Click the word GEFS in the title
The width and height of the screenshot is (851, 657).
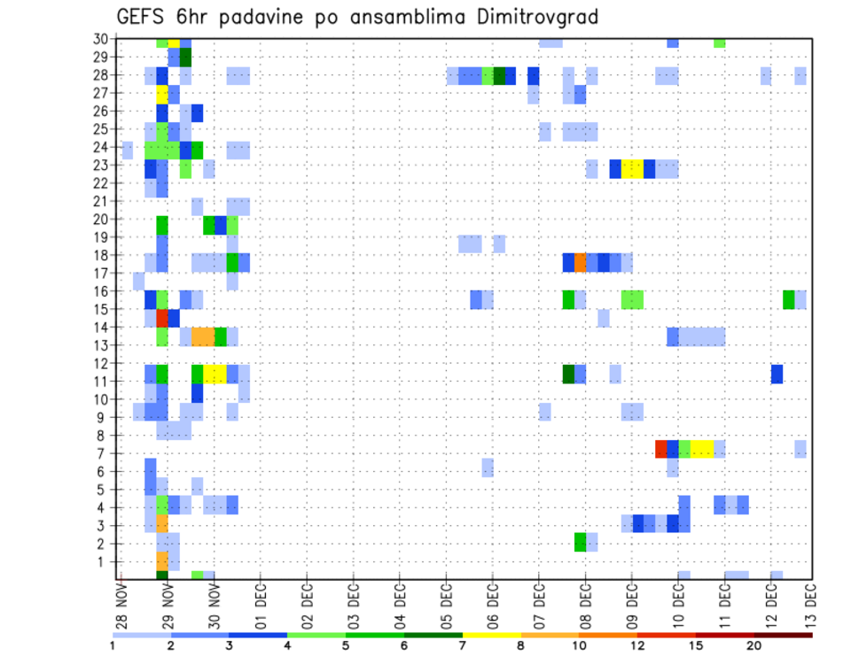[x=138, y=17]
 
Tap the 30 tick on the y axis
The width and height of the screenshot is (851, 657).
[x=102, y=38]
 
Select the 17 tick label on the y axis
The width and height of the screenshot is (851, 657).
[x=102, y=273]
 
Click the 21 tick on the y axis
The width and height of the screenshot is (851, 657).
[x=102, y=200]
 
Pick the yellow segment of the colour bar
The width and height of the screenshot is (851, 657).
[x=492, y=635]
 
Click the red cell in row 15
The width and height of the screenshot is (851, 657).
[x=162, y=317]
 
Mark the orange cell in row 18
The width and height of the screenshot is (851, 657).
[x=581, y=263]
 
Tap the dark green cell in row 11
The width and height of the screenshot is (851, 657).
[x=568, y=374]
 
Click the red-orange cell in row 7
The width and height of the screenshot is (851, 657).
[x=660, y=448]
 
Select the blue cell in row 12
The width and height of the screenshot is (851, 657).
[x=777, y=374]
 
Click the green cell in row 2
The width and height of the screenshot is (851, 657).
[x=581, y=541]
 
